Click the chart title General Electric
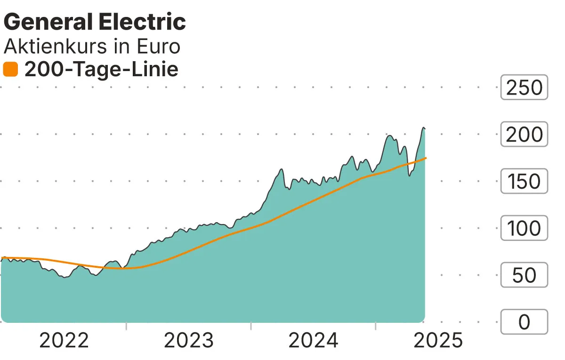(x=95, y=22)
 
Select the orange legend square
(x=10, y=70)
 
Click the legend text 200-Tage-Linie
(x=101, y=70)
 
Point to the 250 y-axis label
(x=524, y=88)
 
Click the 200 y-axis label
(x=524, y=135)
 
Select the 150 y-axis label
(x=524, y=181)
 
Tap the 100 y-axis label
(x=524, y=228)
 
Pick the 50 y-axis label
(x=524, y=275)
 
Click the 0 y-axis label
(x=524, y=322)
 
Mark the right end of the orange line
(x=426, y=158)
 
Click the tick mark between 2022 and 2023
(x=126, y=326)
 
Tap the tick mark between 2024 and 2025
(x=376, y=326)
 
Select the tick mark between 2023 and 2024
(x=251, y=326)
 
